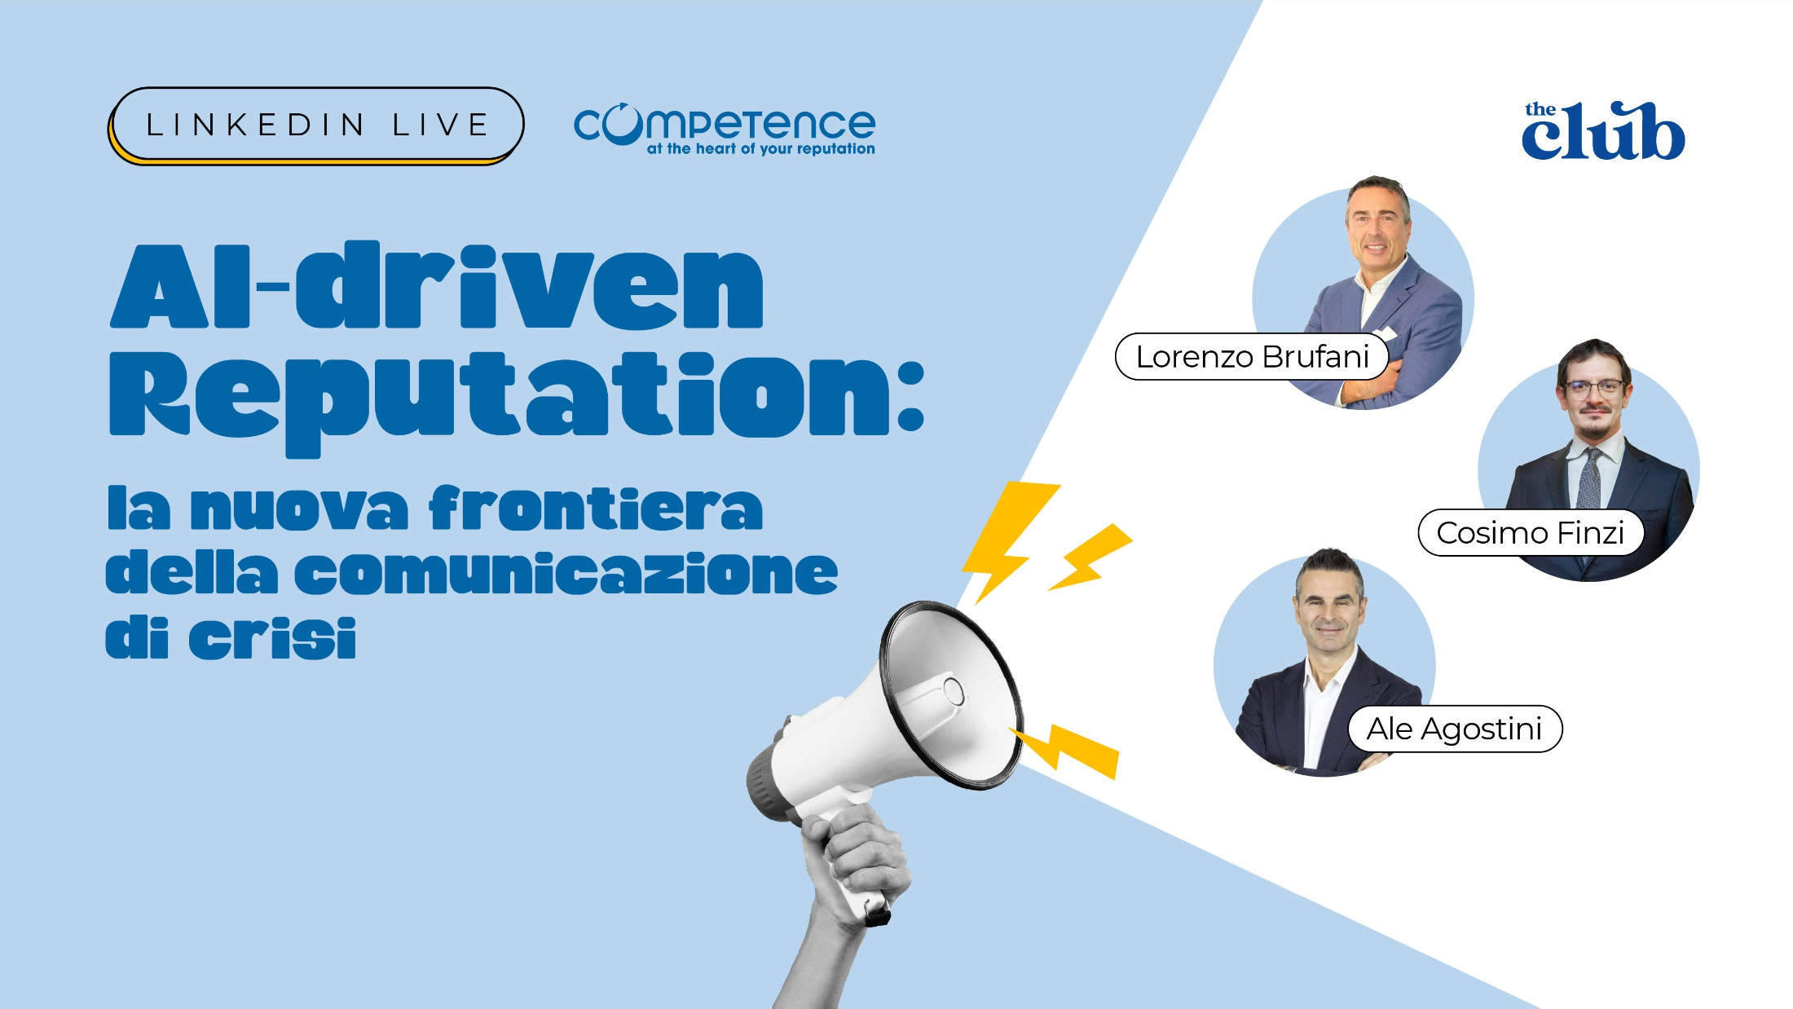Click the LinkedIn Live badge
point(315,125)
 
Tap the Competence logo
point(724,124)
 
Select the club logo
point(1602,131)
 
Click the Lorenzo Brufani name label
point(1251,356)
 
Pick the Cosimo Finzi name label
point(1530,533)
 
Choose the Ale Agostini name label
point(1454,729)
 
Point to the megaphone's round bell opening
point(950,693)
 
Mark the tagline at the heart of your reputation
point(760,149)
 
